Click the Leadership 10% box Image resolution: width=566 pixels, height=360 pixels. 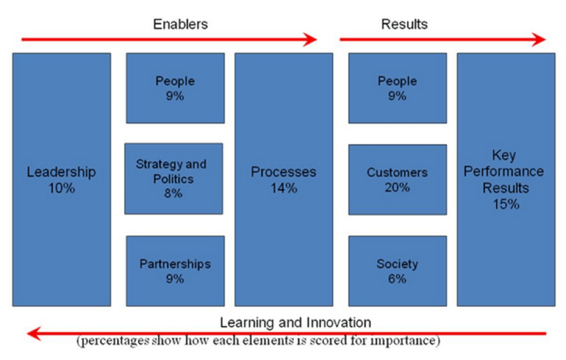tap(61, 179)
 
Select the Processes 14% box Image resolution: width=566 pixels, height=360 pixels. tap(283, 179)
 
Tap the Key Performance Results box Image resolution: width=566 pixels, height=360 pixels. tap(506, 179)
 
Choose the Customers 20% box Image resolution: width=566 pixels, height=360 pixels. tap(397, 179)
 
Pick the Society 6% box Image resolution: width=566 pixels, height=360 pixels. tap(397, 270)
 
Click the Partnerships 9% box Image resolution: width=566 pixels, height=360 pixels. tap(174, 270)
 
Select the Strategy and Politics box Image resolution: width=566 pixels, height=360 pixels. tap(174, 179)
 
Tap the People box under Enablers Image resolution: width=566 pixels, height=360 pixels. tap(174, 88)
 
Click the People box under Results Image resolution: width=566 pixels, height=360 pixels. tap(397, 88)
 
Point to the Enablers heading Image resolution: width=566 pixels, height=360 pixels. tap(180, 24)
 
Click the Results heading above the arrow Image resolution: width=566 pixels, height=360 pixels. tap(404, 24)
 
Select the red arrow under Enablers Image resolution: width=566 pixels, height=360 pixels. tap(169, 39)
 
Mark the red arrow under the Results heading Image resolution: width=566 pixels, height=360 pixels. tap(442, 39)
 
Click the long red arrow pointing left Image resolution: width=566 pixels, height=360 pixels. tap(287, 333)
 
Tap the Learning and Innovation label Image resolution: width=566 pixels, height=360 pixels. tap(295, 322)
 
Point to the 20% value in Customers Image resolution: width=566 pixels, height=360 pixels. tap(397, 188)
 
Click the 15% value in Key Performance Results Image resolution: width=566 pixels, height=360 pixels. tap(506, 204)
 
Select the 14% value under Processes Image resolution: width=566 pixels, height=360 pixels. tap(283, 188)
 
